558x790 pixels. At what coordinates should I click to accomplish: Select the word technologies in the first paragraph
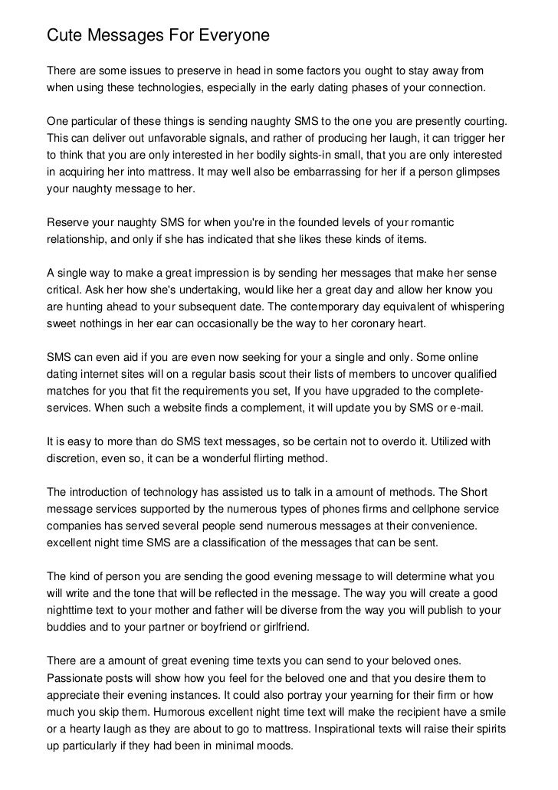(166, 87)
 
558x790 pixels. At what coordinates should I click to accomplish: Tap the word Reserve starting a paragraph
(68, 222)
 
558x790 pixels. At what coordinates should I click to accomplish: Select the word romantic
(429, 222)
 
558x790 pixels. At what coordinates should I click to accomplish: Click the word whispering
(475, 306)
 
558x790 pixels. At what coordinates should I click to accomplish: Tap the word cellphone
(404, 509)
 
